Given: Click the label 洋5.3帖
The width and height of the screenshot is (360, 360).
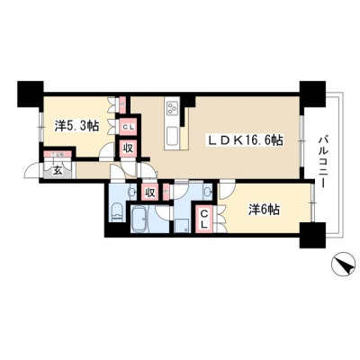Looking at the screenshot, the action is [76, 126].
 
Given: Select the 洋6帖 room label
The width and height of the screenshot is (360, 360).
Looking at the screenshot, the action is [264, 210].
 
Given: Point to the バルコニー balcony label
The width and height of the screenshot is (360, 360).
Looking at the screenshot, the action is [323, 162].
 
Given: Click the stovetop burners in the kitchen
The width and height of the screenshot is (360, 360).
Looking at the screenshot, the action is [172, 108].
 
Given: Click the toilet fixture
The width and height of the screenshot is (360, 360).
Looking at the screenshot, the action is [116, 211].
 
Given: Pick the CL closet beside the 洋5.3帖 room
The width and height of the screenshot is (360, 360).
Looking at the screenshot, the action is [128, 126].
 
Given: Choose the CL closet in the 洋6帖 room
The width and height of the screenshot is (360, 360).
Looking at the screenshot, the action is [204, 219].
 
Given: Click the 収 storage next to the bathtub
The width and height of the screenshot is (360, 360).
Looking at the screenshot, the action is [150, 193].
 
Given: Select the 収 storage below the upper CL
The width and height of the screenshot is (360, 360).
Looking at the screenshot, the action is [128, 148].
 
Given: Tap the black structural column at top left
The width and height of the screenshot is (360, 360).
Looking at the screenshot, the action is [31, 94].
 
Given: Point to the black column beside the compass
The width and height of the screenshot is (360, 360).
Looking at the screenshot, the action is [312, 236].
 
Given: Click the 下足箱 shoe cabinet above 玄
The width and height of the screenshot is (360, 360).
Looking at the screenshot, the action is [58, 155].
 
